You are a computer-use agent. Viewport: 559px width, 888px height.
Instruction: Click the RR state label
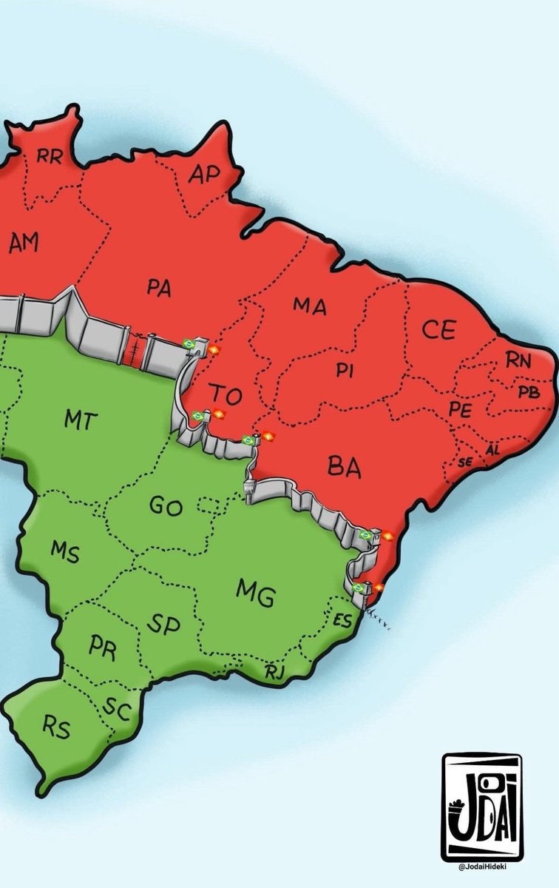pos(50,155)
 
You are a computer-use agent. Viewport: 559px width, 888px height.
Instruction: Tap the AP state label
pos(205,175)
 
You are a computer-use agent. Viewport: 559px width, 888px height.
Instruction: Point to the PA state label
pos(158,288)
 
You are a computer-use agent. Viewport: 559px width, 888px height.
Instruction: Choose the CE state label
pos(438,331)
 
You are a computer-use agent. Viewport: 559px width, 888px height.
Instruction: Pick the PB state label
pos(529,391)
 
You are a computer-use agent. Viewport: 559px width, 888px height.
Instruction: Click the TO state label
pos(225,395)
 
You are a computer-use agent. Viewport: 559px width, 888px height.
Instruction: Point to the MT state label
pos(81,420)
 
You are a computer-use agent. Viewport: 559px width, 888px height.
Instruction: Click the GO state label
pos(166,506)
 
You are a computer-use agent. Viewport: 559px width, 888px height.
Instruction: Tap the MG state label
pos(256,592)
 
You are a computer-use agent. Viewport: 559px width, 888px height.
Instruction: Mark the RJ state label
pos(274,672)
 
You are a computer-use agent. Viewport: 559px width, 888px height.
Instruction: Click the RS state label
pos(56,729)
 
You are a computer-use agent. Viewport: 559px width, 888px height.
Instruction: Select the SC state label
pos(116,710)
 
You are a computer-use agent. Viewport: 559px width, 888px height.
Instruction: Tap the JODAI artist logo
pos(481,805)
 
